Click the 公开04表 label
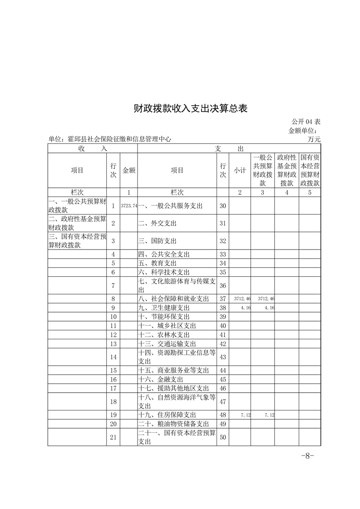pyautogui.click(x=307, y=122)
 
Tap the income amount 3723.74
pyautogui.click(x=129, y=206)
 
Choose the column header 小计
pyautogui.click(x=240, y=170)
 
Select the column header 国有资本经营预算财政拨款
pyautogui.click(x=310, y=170)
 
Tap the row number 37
pyautogui.click(x=222, y=299)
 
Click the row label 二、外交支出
pyautogui.click(x=157, y=223)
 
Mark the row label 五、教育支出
pyautogui.click(x=157, y=263)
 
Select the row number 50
pyautogui.click(x=222, y=437)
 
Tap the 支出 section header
pyautogui.click(x=229, y=148)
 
